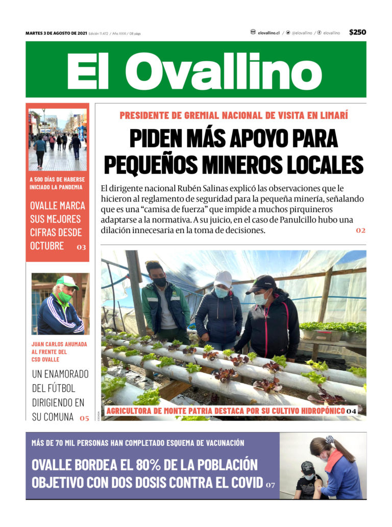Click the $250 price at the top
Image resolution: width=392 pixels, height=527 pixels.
tap(357, 32)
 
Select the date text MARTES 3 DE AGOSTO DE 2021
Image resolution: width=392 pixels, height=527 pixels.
tap(56, 33)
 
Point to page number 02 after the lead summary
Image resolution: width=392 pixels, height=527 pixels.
tap(361, 231)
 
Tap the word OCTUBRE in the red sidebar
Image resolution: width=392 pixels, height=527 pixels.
tap(47, 245)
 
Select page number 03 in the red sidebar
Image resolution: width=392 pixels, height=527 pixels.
tap(81, 247)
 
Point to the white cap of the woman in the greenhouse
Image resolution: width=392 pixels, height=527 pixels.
tap(223, 278)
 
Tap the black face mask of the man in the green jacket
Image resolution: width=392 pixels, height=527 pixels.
tap(160, 282)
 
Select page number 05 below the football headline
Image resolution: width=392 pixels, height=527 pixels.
tap(84, 418)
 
